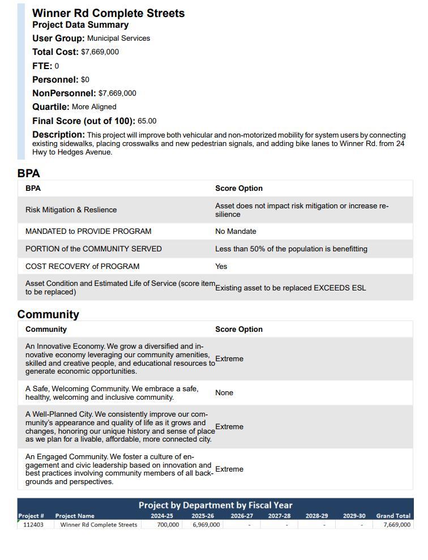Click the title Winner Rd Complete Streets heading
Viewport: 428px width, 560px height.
[x=108, y=13]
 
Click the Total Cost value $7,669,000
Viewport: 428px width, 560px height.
[x=100, y=52]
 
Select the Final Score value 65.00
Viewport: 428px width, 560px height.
[x=147, y=121]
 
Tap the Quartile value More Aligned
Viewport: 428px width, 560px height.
[x=94, y=107]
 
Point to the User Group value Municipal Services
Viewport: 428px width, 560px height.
[x=118, y=39]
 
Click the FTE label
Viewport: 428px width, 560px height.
[x=42, y=66]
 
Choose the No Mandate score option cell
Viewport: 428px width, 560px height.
[x=236, y=232]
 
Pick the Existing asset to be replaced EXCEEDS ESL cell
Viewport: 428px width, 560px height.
[x=290, y=288]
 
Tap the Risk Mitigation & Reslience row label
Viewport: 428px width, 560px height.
[x=71, y=210]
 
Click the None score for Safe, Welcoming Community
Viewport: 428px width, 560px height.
[x=224, y=393]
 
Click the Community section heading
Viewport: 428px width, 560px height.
[x=48, y=314]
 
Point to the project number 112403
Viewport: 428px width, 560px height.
[x=33, y=525]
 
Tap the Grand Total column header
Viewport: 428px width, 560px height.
[x=393, y=516]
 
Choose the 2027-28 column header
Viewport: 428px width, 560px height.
[x=279, y=516]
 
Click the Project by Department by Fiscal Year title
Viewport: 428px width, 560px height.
[x=215, y=505]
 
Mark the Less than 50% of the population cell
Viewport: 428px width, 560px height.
[x=291, y=249]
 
